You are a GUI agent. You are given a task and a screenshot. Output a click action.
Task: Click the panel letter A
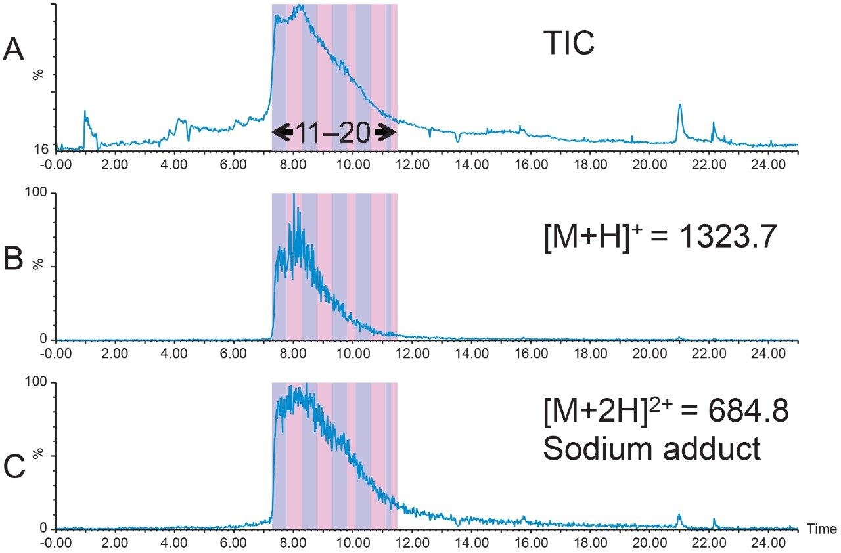[x=14, y=51]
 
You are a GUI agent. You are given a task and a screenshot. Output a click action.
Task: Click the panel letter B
[x=14, y=261]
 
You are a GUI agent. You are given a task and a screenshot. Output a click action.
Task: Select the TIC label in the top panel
[x=568, y=45]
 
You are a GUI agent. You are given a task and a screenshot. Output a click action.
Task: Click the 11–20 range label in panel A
[x=334, y=133]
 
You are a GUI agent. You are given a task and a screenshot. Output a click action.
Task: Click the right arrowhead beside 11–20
[x=386, y=133]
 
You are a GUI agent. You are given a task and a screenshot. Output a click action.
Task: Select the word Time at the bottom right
[x=821, y=529]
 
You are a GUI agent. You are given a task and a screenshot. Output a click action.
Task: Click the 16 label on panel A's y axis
[x=41, y=149]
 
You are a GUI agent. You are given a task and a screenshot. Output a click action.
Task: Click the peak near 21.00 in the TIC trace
[x=679, y=106]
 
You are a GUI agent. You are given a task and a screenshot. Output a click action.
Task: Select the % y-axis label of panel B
[x=38, y=263]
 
